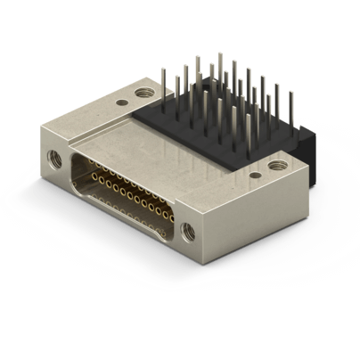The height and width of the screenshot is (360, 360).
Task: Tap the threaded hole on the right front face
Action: click(188, 232)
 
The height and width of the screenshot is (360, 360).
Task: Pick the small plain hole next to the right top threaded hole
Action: click(255, 176)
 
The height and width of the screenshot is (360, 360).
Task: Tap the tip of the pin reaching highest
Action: click(220, 55)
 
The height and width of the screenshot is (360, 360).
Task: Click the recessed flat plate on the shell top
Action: click(169, 151)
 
